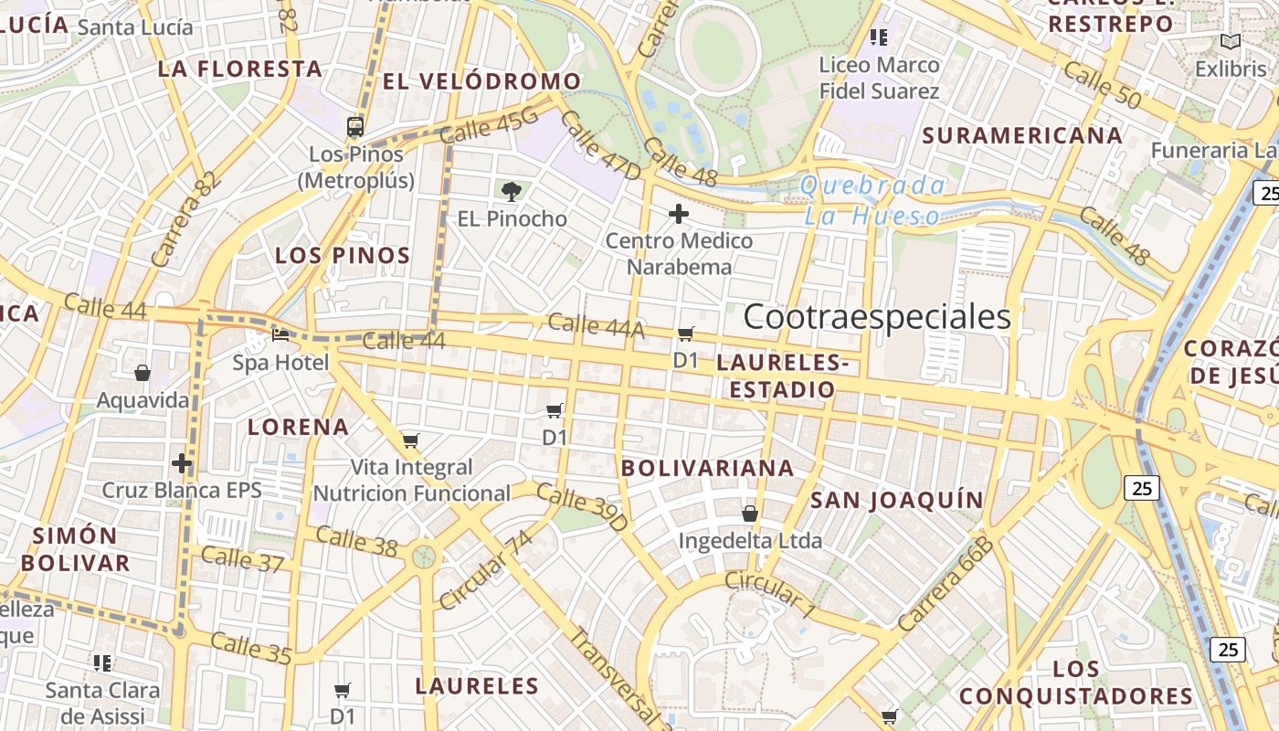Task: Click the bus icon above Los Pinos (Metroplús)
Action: pos(355,127)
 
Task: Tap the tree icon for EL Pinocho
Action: pos(512,191)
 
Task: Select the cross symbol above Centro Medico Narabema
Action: pos(678,215)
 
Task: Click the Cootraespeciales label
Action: pos(876,317)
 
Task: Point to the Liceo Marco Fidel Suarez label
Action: pos(879,78)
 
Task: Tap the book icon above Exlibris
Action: pos(1231,42)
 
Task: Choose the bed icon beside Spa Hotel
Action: pos(280,335)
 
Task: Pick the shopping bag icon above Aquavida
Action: pos(143,373)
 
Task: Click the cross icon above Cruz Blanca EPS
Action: pos(182,463)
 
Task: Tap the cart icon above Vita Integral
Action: pos(411,441)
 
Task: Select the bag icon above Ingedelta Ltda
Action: pos(750,514)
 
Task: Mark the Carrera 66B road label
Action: pos(945,585)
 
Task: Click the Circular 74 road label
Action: pos(485,571)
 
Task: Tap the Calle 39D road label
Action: pos(582,507)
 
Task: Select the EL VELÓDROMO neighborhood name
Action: pos(481,81)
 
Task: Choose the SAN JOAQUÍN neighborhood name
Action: pos(896,500)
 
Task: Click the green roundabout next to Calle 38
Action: pos(424,556)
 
